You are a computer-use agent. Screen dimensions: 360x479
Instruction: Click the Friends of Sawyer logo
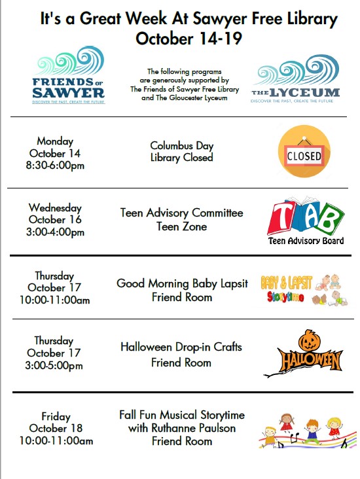pos(69,75)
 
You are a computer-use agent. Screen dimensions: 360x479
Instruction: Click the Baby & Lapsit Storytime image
pos(304,290)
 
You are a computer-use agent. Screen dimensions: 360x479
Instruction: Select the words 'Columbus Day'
pos(181,145)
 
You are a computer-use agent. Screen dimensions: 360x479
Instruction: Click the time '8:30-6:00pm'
pos(56,166)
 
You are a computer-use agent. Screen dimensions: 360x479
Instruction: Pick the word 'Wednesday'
pos(55,208)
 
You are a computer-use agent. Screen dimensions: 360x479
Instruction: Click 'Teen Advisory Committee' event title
pos(181,213)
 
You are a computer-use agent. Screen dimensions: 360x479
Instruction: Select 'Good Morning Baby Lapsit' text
pos(182,283)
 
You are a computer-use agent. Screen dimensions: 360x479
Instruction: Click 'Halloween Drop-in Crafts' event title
pos(181,347)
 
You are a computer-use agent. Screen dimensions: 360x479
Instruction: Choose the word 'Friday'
pos(56,417)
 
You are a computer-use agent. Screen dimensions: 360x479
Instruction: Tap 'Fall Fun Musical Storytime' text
pos(182,416)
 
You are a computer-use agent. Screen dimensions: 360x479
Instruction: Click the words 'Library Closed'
pos(181,158)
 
